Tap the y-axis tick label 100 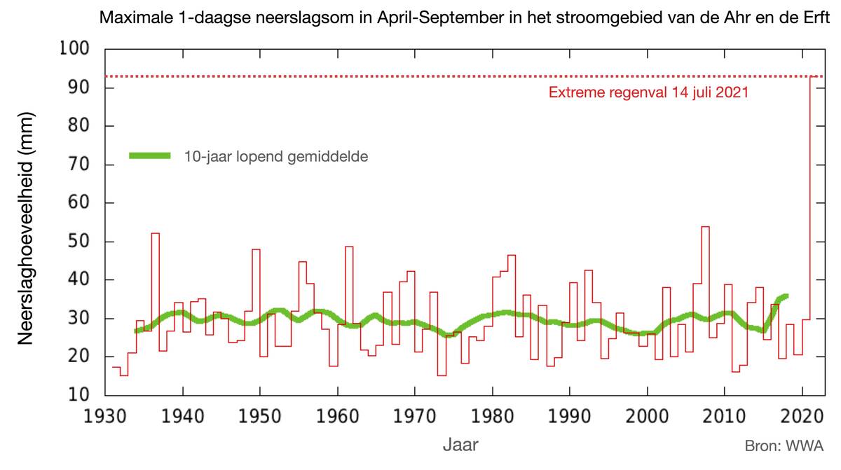74,50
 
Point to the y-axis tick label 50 78,242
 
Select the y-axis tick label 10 78,395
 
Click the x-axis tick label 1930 105,416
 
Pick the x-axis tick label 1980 492,416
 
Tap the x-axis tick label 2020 801,416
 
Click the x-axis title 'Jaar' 460,444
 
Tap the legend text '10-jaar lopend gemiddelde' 276,156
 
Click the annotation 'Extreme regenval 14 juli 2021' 648,92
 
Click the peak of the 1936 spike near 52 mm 155,234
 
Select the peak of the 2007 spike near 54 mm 705,227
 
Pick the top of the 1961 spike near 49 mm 348,247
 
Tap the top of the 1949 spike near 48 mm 256,249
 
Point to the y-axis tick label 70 78,165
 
